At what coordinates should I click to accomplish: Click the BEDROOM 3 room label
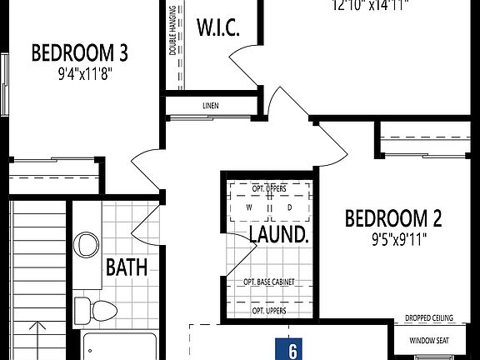click(79, 53)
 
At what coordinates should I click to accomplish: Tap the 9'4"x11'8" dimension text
click(79, 72)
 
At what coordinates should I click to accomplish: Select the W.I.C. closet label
click(218, 28)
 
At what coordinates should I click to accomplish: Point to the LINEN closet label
click(211, 106)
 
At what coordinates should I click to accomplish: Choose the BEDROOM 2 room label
click(393, 219)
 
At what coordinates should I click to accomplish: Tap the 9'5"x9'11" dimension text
click(393, 241)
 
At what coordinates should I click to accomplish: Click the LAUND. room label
click(279, 234)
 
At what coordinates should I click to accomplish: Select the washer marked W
click(248, 207)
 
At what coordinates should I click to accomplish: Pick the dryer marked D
click(290, 207)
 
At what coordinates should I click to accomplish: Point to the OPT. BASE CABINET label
click(268, 282)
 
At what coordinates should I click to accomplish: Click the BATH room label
click(127, 267)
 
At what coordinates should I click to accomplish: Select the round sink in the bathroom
click(86, 246)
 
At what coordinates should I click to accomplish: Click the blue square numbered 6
click(292, 350)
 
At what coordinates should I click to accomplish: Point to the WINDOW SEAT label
click(427, 340)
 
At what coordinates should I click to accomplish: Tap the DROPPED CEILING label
click(429, 317)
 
